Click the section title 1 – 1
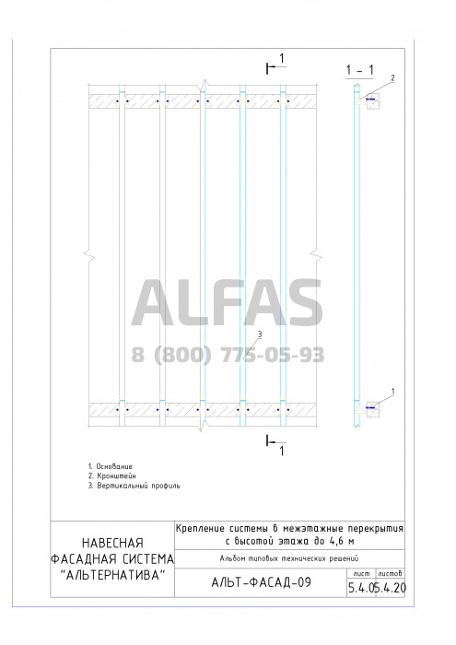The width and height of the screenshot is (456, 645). tap(360, 70)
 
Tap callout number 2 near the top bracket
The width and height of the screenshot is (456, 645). tap(392, 77)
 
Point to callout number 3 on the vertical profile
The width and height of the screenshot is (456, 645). tap(260, 334)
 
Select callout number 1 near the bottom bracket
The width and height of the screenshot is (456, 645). tap(392, 392)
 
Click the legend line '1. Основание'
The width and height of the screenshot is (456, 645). tap(111, 466)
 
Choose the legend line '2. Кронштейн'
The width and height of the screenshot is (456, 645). tap(111, 476)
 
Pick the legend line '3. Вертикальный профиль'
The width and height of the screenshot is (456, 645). tap(134, 486)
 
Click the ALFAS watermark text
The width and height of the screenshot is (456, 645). tap(227, 303)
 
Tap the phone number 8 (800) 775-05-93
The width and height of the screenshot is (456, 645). tap(228, 355)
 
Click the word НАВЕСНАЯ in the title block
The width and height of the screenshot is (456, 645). tap(112, 543)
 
